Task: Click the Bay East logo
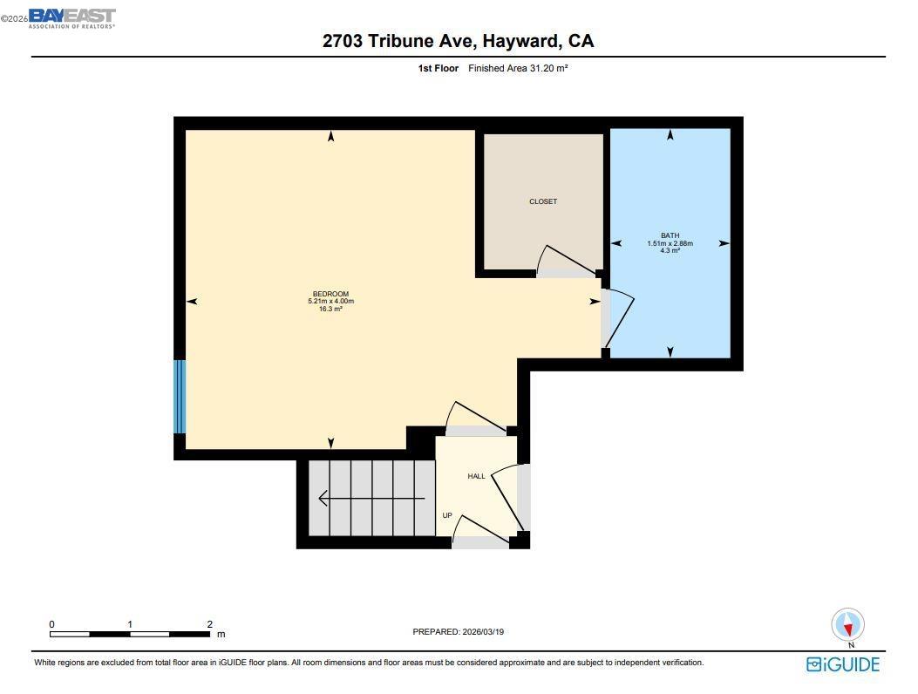pyautogui.click(x=71, y=18)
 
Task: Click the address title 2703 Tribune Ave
pyautogui.click(x=458, y=41)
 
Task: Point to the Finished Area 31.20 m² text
pyautogui.click(x=518, y=68)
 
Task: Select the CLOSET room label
pyautogui.click(x=542, y=201)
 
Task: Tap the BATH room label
pyautogui.click(x=670, y=235)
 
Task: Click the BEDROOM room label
pyautogui.click(x=330, y=294)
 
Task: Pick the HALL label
pyautogui.click(x=476, y=476)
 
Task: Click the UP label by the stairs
pyautogui.click(x=447, y=515)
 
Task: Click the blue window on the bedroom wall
pyautogui.click(x=180, y=397)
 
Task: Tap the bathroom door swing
pyautogui.click(x=617, y=317)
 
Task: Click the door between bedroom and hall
pyautogui.click(x=475, y=418)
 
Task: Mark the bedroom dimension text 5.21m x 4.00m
pyautogui.click(x=330, y=302)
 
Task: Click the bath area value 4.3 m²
pyautogui.click(x=670, y=251)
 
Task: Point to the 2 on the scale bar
pyautogui.click(x=209, y=624)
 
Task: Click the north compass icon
pyautogui.click(x=847, y=625)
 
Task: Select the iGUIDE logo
pyautogui.click(x=842, y=664)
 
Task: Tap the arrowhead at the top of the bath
pyautogui.click(x=670, y=134)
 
